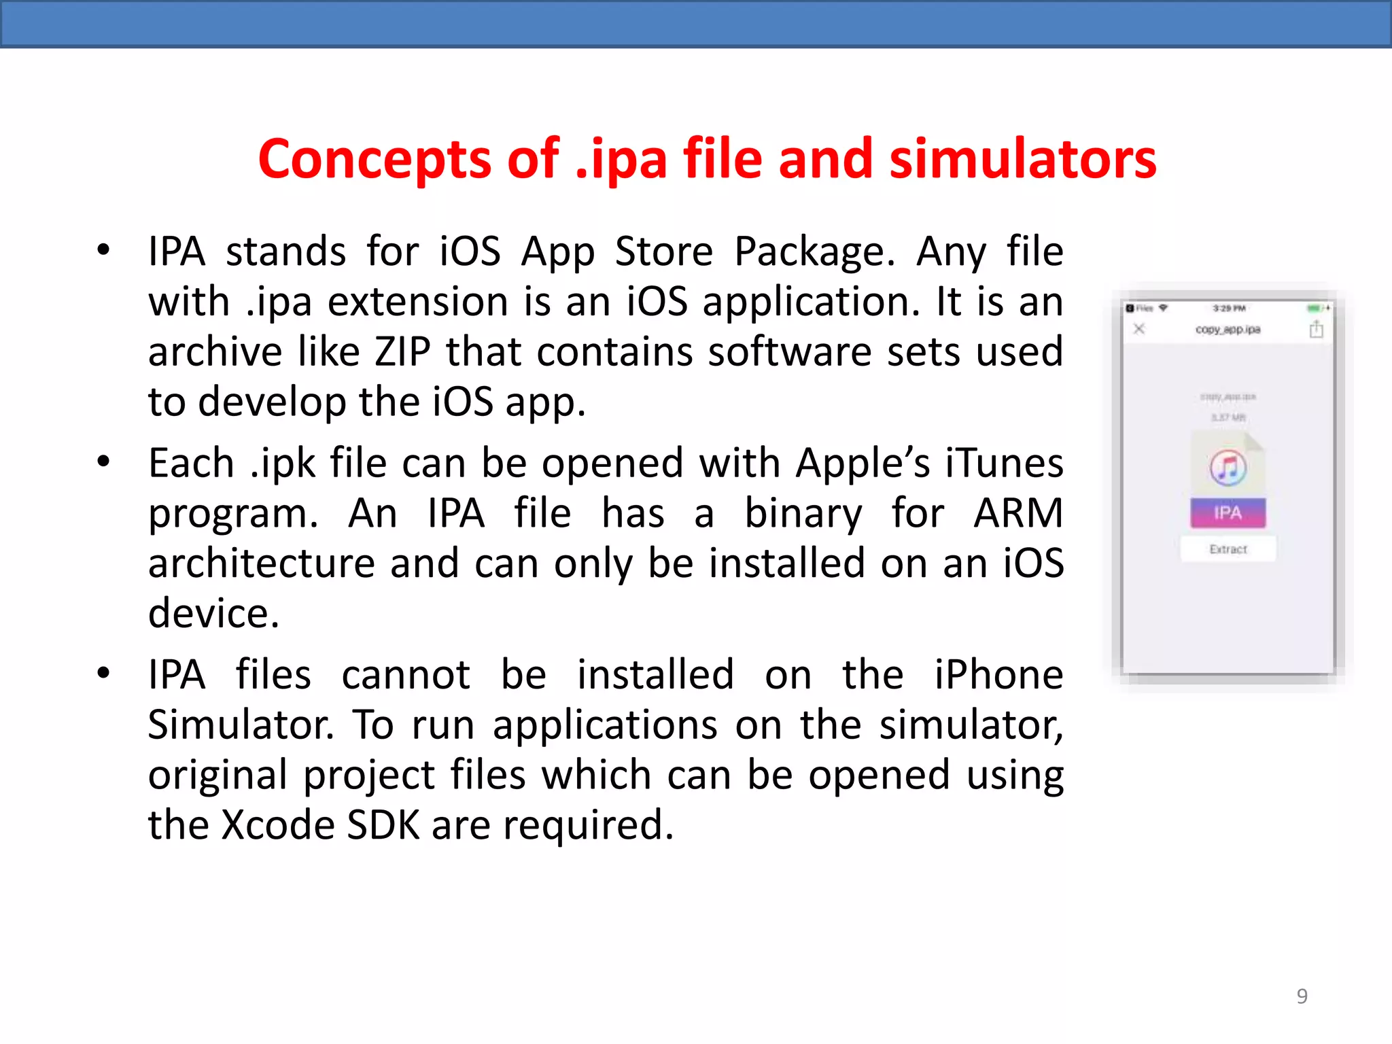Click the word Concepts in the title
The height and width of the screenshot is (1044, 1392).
click(375, 159)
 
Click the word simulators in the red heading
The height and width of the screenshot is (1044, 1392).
click(1023, 159)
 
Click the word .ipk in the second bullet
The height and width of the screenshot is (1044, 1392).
click(283, 464)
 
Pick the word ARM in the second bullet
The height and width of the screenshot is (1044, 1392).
click(1018, 513)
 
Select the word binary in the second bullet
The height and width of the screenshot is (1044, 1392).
click(803, 513)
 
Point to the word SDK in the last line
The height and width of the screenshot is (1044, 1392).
click(383, 825)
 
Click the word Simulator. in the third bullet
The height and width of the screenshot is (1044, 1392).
click(241, 725)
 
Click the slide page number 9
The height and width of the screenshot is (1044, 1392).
click(1302, 996)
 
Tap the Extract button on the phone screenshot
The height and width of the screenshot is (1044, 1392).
click(1228, 549)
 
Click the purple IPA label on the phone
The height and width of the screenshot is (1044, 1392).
click(1228, 512)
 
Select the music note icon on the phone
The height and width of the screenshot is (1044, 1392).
click(1228, 468)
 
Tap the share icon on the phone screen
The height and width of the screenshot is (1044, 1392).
click(1317, 330)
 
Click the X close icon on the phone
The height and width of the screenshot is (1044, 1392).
click(1140, 329)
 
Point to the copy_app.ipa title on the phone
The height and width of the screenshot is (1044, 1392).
click(1228, 330)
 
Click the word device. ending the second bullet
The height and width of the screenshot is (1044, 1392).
click(214, 614)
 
